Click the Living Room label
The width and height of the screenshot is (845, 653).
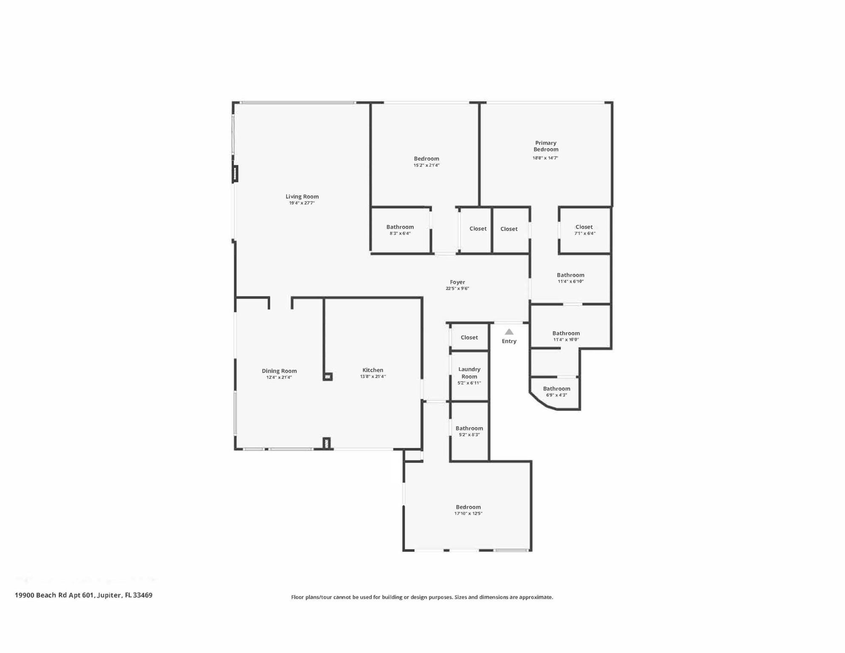pos(302,196)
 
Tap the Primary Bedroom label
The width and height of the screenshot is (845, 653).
pos(546,146)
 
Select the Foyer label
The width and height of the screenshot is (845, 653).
pos(457,282)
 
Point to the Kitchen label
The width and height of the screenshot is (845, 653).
pos(373,370)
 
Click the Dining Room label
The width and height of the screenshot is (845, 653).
pos(279,371)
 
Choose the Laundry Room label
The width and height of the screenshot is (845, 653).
pos(469,373)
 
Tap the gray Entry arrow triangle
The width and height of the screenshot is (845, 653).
pos(509,332)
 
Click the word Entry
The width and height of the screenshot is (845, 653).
pos(509,341)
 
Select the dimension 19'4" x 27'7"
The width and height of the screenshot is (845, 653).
pos(302,203)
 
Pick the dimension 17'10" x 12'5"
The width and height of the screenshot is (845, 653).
pos(468,514)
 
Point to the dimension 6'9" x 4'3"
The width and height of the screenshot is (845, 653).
pos(556,395)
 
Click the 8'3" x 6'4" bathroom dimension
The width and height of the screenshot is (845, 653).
pos(400,233)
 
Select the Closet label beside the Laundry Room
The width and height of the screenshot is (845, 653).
pos(469,337)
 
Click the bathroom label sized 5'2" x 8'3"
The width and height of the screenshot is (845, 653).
pos(469,428)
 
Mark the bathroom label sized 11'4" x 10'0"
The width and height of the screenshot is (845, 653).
pos(566,333)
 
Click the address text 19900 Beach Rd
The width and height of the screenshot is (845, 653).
pos(41,595)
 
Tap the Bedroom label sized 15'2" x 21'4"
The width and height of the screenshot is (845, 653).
pos(426,159)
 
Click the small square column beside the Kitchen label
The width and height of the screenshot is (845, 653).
pos(327,376)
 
